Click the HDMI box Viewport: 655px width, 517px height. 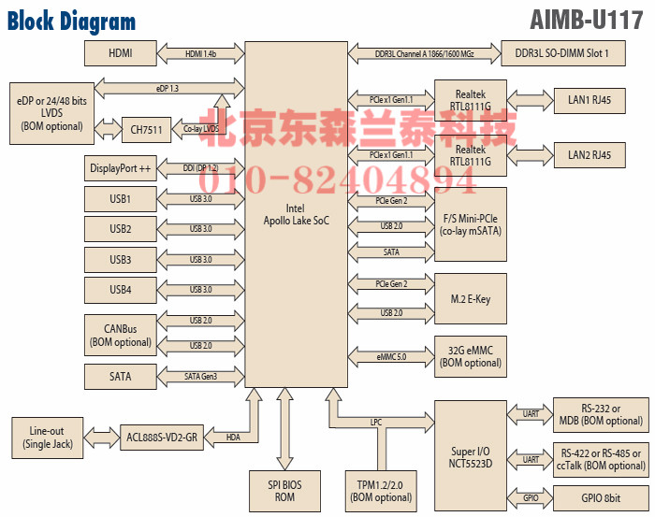[120, 53]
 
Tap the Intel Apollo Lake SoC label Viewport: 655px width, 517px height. [296, 214]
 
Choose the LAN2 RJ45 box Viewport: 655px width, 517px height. [589, 154]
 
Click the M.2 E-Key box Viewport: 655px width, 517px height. [470, 299]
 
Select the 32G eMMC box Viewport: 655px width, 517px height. [470, 356]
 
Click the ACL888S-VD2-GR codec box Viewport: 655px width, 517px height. [163, 437]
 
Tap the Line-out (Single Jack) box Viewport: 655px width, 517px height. [51, 437]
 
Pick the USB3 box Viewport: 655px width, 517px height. [120, 259]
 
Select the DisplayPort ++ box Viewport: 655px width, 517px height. [120, 169]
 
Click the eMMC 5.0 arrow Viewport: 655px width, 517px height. [390, 356]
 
